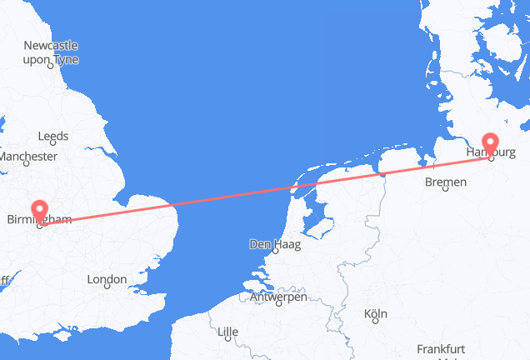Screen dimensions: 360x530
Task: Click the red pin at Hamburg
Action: (x=492, y=143)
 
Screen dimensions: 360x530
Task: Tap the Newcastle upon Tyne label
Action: (x=51, y=52)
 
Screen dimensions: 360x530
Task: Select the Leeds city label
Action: (x=53, y=136)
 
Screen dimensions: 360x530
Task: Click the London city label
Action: (x=107, y=279)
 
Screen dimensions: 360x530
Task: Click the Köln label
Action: (x=376, y=314)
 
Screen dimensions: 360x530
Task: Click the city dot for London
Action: (x=107, y=287)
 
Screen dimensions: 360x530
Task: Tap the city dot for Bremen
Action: (x=446, y=190)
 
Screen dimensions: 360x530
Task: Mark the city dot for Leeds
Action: (x=53, y=145)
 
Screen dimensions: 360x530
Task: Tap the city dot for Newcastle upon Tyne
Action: (x=51, y=66)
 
